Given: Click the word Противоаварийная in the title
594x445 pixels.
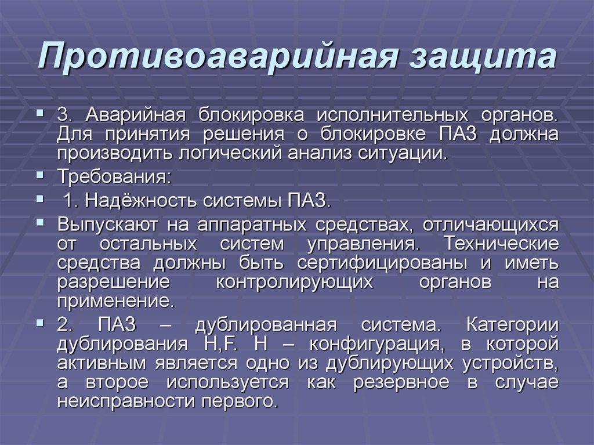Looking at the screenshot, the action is [218, 56].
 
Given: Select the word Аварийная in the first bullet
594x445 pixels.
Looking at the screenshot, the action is [135, 114].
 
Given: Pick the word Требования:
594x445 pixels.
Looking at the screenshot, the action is [114, 177].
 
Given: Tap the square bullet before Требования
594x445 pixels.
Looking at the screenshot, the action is [40, 175].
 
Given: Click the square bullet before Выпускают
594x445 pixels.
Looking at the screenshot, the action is [40, 223].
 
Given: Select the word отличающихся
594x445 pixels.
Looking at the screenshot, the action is [491, 225].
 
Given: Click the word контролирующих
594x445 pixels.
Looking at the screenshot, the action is [295, 282].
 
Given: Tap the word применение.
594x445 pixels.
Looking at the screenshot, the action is [116, 301].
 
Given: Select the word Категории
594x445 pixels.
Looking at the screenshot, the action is [513, 325].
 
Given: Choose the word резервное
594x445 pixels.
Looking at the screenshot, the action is [401, 382].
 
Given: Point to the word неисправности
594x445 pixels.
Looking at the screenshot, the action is [125, 401].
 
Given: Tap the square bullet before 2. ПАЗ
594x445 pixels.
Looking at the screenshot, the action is [40, 323].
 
